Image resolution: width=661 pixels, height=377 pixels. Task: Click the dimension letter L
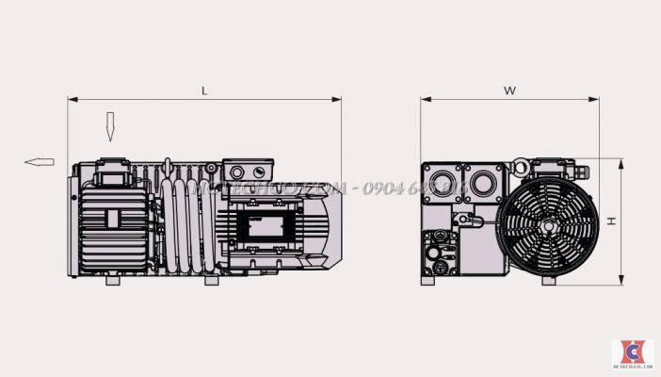click(x=205, y=90)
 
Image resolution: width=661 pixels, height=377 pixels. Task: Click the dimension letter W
click(x=509, y=90)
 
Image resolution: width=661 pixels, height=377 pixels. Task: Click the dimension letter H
click(x=611, y=221)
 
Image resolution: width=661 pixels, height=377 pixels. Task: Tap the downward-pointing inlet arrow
click(x=110, y=126)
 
